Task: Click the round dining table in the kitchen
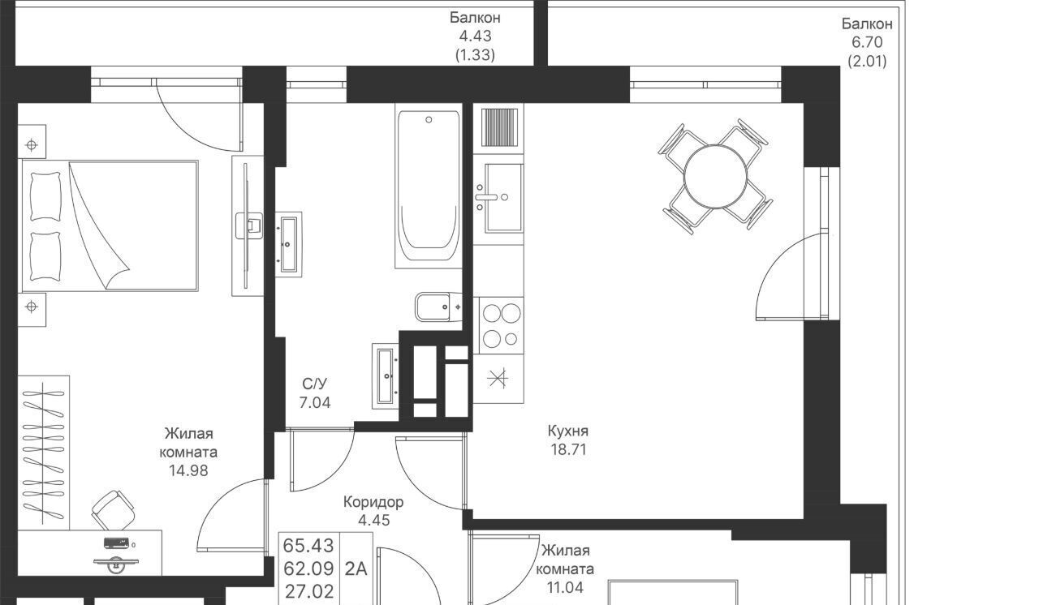click(715, 176)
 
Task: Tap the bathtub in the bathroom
click(429, 185)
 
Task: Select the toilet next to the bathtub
click(438, 307)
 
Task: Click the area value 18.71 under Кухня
click(569, 449)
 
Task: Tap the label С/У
click(314, 384)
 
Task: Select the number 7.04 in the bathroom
click(315, 402)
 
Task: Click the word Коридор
click(373, 502)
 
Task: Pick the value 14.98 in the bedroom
click(188, 470)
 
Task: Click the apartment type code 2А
click(356, 569)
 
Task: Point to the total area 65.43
click(308, 546)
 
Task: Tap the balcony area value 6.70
click(867, 42)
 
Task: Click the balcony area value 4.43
click(475, 36)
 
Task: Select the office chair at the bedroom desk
click(114, 510)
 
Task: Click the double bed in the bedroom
click(109, 226)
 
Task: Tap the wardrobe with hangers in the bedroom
click(44, 453)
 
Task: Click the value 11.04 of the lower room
click(565, 587)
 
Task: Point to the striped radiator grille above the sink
click(499, 127)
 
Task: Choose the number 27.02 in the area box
click(309, 591)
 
